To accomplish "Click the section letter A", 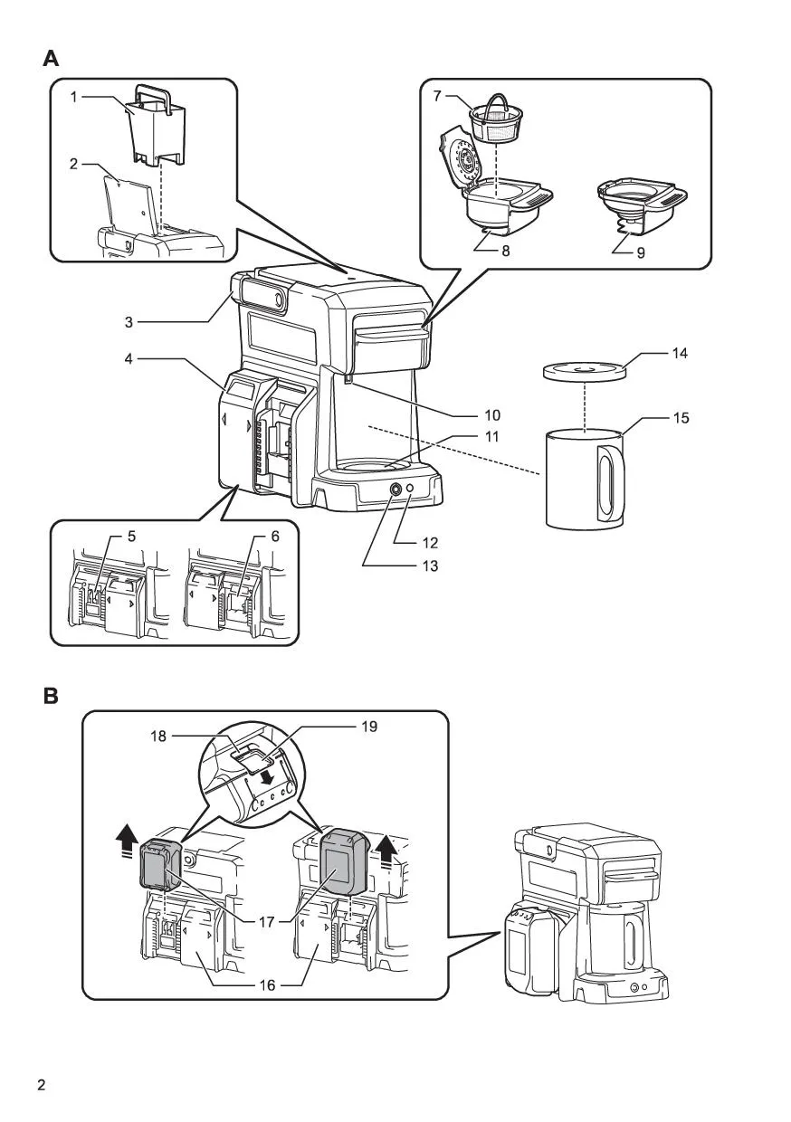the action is pos(51,59).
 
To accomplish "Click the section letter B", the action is pos(51,696).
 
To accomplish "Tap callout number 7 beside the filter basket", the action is pos(437,96).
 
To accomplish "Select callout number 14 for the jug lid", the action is pos(680,353).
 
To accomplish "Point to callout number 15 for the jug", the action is pos(681,418).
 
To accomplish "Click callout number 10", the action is pos(492,414).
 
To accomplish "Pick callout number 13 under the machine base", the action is pos(430,566).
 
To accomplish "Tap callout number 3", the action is pos(129,322).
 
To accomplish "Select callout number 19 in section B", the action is pos(369,727).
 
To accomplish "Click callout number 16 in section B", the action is pos(268,985).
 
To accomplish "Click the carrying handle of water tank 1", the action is pos(151,92).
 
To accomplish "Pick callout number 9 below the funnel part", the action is pos(641,252).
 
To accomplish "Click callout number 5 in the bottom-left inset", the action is pos(131,537).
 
